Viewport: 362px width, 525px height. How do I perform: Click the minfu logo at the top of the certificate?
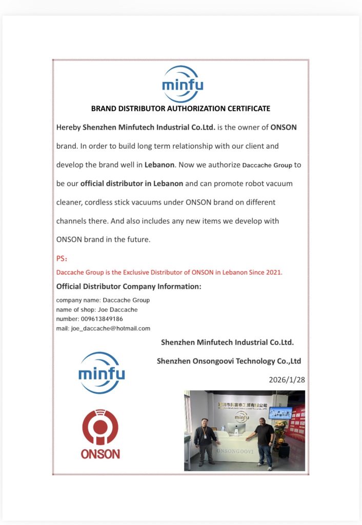point(182,84)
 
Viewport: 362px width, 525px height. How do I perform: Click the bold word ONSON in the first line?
point(284,127)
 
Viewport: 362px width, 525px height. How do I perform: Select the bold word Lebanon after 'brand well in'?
point(160,165)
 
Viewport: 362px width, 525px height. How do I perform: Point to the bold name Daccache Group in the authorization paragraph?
point(267,165)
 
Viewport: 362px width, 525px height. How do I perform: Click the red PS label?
point(62,258)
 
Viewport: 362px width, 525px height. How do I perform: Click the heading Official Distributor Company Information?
point(129,286)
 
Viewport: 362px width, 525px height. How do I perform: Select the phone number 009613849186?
point(102,319)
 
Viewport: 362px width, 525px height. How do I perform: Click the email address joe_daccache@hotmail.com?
point(110,328)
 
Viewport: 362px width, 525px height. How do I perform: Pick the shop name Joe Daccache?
point(120,310)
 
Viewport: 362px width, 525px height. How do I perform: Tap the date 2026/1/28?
point(287,380)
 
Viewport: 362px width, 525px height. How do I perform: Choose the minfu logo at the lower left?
point(102,373)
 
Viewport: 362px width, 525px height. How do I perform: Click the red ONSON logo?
point(100,433)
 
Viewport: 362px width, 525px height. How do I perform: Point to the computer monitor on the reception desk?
point(240,421)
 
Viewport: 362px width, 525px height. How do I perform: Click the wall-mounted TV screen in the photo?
point(280,412)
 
